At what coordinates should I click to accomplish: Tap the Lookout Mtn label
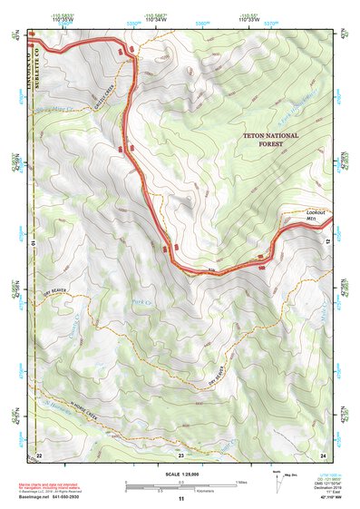click(315, 216)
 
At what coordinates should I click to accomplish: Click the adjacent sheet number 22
click(39, 453)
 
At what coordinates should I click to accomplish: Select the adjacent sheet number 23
click(180, 453)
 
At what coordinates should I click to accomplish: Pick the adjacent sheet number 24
click(322, 453)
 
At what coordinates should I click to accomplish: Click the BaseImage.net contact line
click(56, 496)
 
